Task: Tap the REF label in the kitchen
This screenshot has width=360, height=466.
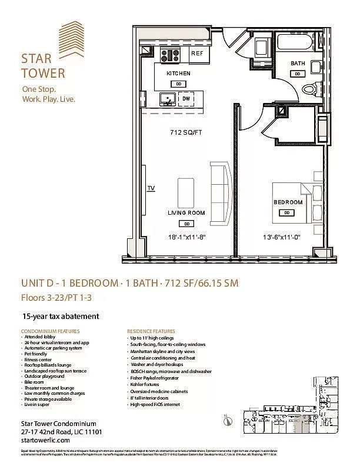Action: pos(197,54)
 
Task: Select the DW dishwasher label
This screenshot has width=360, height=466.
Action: pos(186,99)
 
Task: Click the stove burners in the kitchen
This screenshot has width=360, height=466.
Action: pos(171,56)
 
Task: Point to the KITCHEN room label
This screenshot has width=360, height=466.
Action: pos(178,74)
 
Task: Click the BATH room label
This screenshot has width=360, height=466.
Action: pos(297,64)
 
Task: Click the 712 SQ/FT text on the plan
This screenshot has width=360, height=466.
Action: pos(185,132)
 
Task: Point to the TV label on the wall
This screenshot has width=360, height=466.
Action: pos(151,188)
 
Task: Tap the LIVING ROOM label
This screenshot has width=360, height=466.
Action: pos(186,213)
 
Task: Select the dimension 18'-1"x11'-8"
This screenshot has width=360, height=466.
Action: pos(186,238)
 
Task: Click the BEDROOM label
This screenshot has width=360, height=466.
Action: pos(288,202)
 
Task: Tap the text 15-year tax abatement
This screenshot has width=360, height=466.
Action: pos(60,316)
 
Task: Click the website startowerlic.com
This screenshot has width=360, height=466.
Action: pos(45,441)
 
